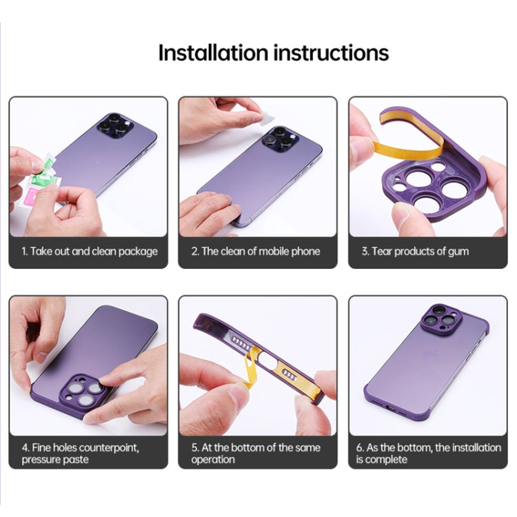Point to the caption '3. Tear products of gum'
(414, 252)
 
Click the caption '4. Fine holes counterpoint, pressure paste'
(80, 453)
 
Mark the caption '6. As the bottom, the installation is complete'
(428, 453)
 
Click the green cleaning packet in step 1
(43, 164)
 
